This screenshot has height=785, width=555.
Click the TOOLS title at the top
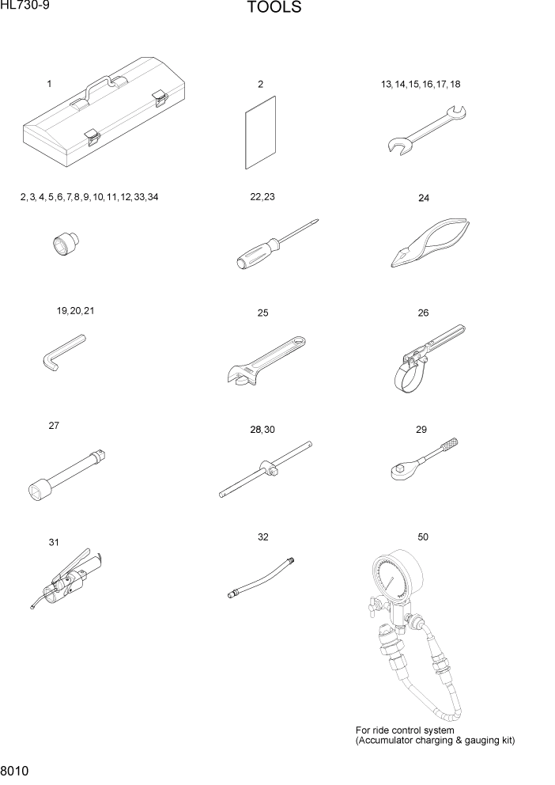coord(274,9)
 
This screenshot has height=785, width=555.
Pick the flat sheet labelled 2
coord(260,132)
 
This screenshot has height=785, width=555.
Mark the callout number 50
coord(423,537)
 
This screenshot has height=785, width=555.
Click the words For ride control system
coord(405,730)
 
